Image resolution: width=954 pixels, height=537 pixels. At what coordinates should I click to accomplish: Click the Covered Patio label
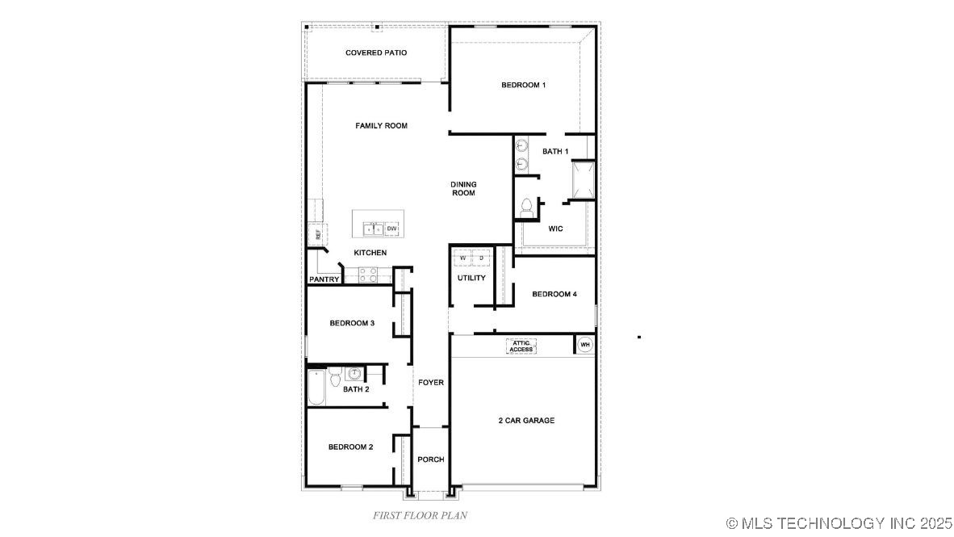(x=375, y=52)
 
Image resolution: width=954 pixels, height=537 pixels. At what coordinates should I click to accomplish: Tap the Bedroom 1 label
(x=523, y=85)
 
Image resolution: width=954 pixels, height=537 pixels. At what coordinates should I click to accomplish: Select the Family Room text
(x=381, y=126)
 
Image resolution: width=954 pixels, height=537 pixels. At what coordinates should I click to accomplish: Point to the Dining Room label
(x=462, y=189)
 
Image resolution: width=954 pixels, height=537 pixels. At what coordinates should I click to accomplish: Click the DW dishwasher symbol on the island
(x=391, y=229)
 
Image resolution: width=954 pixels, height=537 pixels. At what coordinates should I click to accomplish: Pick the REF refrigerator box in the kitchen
(x=317, y=234)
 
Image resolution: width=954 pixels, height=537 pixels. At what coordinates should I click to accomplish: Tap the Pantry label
(x=324, y=279)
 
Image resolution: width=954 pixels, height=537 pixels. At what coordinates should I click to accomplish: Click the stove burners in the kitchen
(x=368, y=276)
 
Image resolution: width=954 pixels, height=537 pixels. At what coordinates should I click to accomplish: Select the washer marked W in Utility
(x=462, y=258)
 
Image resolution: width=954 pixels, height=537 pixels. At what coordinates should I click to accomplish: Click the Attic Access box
(x=521, y=346)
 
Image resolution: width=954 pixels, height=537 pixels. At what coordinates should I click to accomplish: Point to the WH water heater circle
(x=585, y=345)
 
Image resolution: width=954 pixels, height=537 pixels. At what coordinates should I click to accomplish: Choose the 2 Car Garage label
(x=526, y=421)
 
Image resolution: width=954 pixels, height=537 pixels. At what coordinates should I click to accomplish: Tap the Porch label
(x=431, y=459)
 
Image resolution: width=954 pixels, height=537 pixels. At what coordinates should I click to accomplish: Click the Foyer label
(x=431, y=382)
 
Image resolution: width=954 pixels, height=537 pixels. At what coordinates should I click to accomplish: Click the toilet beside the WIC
(x=526, y=207)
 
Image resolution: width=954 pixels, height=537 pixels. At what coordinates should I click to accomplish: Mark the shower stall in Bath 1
(x=583, y=179)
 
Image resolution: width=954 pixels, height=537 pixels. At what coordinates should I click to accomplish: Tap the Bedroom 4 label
(x=554, y=295)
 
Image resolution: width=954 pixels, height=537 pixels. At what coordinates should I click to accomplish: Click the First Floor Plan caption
(x=420, y=514)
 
